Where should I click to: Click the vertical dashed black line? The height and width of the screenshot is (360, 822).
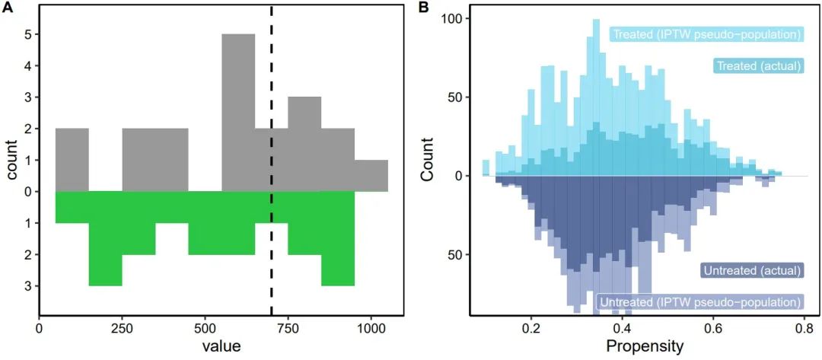[x=272, y=152]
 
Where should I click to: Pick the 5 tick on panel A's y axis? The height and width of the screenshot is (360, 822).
[x=27, y=34]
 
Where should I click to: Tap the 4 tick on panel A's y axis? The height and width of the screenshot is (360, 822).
[x=27, y=66]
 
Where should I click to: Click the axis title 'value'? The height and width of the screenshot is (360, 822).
[x=221, y=346]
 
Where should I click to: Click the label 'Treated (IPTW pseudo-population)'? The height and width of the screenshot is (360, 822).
[x=707, y=34]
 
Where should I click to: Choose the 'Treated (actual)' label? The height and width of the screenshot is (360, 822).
[x=758, y=66]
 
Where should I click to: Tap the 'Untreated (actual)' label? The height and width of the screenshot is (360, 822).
[x=751, y=270]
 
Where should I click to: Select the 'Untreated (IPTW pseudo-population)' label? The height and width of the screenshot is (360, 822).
[x=700, y=302]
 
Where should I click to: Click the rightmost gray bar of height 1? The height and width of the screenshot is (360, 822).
[x=371, y=176]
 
